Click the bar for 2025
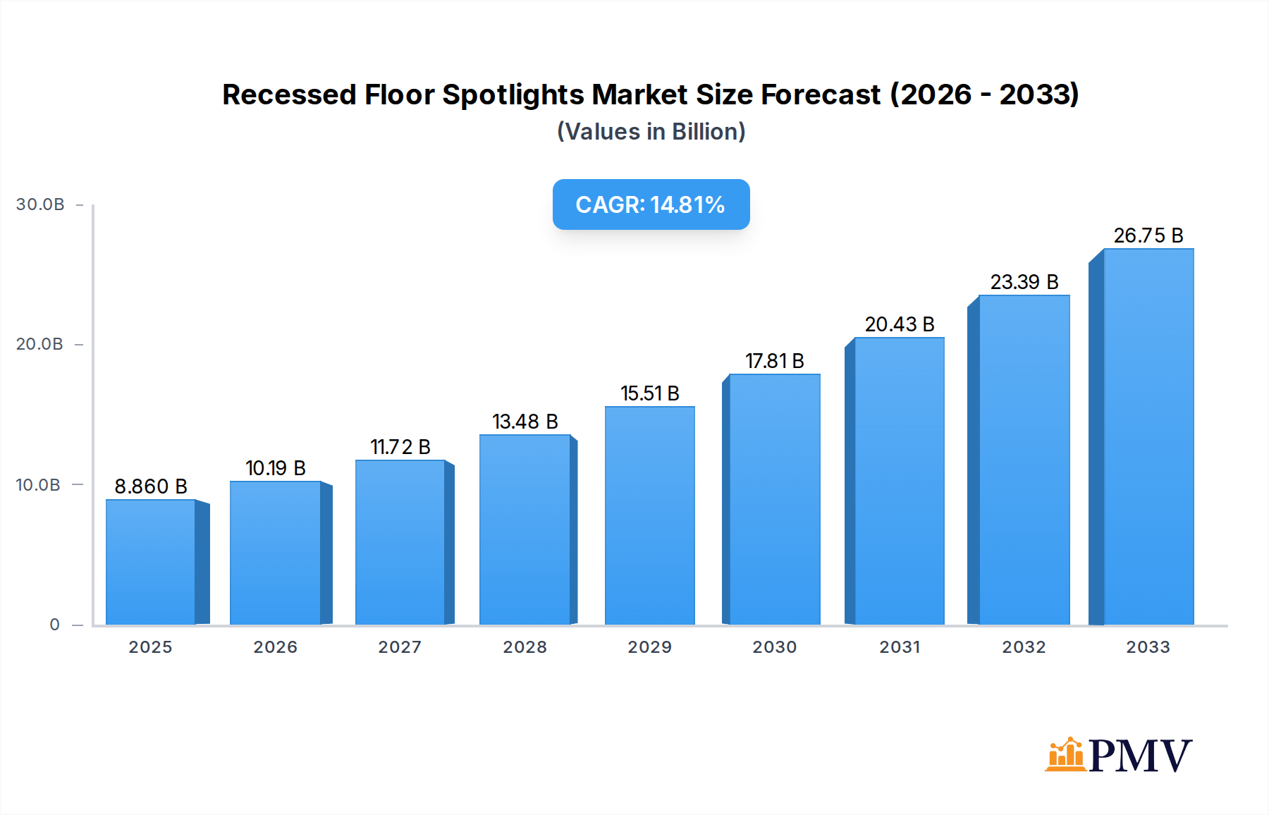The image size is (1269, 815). click(151, 562)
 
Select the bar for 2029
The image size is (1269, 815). click(649, 515)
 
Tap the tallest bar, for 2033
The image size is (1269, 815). click(1148, 436)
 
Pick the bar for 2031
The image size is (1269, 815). click(899, 481)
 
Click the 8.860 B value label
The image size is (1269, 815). click(151, 486)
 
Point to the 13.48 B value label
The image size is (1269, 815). click(525, 422)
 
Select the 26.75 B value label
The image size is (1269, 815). click(1148, 235)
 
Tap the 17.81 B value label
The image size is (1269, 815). click(775, 361)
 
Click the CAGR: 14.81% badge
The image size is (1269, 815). click(651, 204)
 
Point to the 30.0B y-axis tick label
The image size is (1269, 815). click(40, 204)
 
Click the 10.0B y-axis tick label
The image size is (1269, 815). click(39, 485)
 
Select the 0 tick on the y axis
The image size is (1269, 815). click(55, 625)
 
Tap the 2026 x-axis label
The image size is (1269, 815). click(276, 647)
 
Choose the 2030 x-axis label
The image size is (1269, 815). click(775, 647)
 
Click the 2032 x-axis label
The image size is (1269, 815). click(1024, 647)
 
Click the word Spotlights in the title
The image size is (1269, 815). click(513, 94)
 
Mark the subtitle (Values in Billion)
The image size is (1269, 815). click(651, 132)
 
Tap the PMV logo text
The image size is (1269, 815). click(1140, 755)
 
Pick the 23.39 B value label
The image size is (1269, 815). click(1024, 282)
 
